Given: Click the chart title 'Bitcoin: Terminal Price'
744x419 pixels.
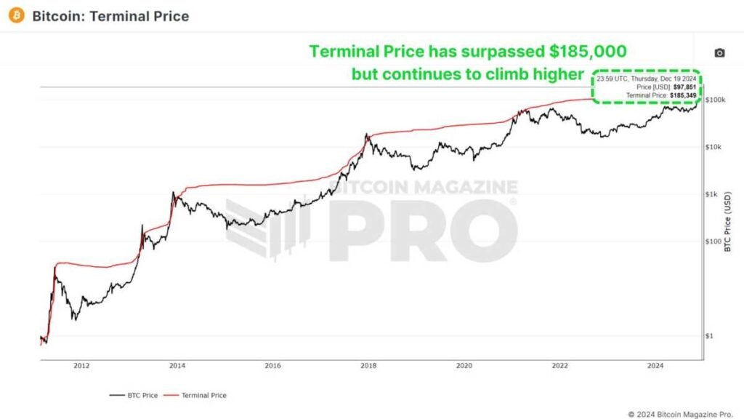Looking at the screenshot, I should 110,16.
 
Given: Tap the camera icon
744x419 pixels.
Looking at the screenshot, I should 719,53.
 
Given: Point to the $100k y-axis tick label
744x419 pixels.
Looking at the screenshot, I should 716,100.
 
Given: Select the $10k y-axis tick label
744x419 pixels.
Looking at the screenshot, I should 715,147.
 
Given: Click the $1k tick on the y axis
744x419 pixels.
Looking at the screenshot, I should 713,194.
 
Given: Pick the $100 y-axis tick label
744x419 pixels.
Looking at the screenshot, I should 714,242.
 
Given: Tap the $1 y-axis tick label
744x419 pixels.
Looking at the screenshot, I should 711,336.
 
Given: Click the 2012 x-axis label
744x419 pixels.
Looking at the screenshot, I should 81,367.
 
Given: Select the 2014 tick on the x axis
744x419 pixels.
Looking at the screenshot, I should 177,367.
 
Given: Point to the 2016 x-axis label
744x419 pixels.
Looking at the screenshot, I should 273,367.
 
